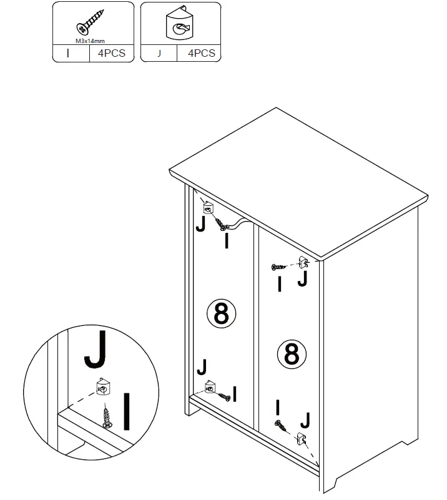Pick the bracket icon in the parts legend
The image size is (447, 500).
coord(181,27)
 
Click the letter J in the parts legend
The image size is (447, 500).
coord(159,54)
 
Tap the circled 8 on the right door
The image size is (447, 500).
coord(292,354)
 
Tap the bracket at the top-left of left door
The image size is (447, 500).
coord(208,207)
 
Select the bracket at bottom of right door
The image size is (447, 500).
coord(302,439)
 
